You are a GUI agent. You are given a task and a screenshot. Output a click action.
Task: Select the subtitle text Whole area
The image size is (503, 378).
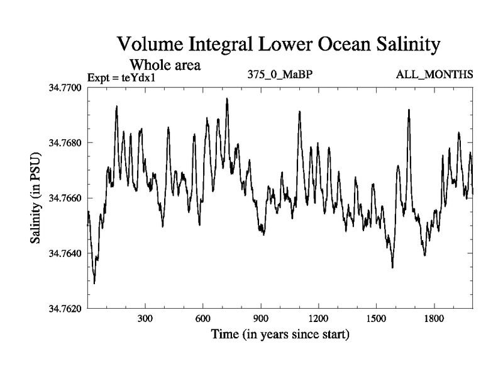165,64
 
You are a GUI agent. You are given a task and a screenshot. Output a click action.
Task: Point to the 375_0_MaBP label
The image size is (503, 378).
280,75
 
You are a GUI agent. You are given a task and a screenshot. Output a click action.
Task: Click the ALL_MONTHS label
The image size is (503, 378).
434,75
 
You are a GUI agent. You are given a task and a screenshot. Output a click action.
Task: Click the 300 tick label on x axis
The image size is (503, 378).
145,319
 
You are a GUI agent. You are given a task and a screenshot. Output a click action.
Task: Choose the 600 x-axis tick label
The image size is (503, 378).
203,319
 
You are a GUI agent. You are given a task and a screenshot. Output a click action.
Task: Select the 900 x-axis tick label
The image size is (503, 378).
261,319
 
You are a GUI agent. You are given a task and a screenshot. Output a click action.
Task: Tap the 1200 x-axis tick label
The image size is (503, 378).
319,319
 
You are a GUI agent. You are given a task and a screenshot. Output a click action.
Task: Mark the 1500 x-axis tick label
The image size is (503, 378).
376,319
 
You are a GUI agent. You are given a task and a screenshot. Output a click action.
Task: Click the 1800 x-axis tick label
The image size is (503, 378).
434,319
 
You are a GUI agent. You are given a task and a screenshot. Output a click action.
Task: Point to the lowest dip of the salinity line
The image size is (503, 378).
94,283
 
